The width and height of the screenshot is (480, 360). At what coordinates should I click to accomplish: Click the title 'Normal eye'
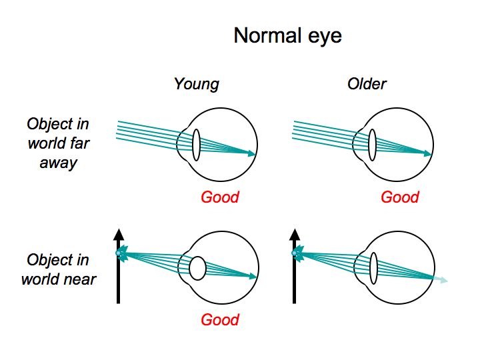tap(287, 35)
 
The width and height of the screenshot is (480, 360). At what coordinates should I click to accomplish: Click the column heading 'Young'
tap(196, 84)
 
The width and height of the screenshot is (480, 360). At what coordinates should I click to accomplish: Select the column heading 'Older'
tap(367, 84)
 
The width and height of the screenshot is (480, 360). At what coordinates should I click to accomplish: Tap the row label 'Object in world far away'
tap(58, 143)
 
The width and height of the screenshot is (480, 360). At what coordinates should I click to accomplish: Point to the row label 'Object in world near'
tap(58, 269)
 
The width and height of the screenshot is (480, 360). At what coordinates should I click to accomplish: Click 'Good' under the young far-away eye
tap(219, 197)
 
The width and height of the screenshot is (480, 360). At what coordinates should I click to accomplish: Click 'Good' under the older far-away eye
tap(400, 197)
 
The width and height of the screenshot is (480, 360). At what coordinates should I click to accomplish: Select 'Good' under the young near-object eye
tap(219, 319)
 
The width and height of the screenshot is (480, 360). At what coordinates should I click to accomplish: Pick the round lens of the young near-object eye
tap(197, 268)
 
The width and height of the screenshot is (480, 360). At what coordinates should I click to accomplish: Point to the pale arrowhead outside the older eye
tap(443, 280)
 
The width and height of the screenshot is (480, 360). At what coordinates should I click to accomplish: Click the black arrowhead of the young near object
tap(118, 234)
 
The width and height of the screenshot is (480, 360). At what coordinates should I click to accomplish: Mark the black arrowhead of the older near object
tap(294, 234)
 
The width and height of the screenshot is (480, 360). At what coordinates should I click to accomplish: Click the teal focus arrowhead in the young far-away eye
tap(251, 153)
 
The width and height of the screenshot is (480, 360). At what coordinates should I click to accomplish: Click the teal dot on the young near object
tap(119, 253)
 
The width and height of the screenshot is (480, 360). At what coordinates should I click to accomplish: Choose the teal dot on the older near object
tap(295, 253)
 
